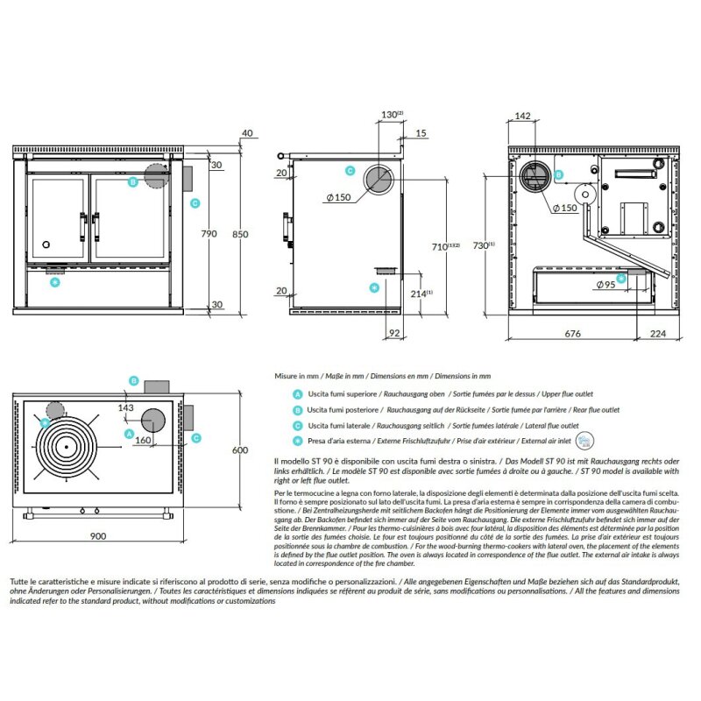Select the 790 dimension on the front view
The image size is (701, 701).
209,235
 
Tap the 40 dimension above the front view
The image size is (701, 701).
247,133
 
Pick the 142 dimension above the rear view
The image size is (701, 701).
523,116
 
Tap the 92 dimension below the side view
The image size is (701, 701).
393,333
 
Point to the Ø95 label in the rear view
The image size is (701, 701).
605,285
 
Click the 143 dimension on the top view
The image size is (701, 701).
124,407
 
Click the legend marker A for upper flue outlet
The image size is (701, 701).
298,395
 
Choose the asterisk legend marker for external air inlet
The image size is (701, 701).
298,441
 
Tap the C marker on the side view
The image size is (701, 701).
350,171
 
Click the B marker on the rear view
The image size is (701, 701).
559,175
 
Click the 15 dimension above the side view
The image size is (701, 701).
422,133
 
